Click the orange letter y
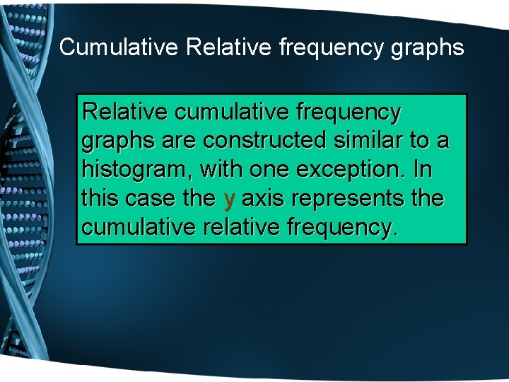click(x=228, y=200)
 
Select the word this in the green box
click(x=100, y=199)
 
